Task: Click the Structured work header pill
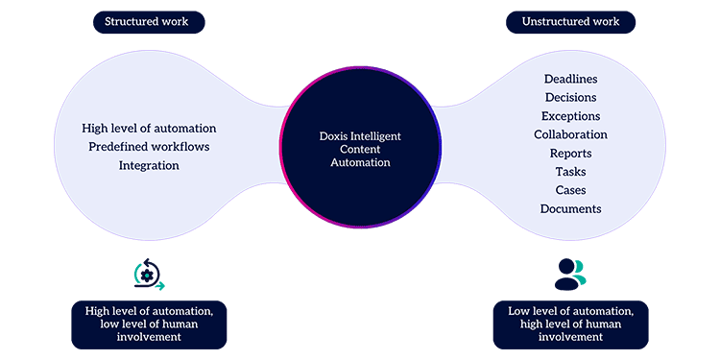point(149,22)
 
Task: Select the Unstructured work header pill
point(571,22)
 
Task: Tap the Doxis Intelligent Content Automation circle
point(360,147)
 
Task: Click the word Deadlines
point(571,79)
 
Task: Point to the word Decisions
point(571,97)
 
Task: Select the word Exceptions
point(571,116)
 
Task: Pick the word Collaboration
point(571,134)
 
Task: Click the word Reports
point(571,154)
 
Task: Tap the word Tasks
point(571,172)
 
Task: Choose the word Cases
point(571,190)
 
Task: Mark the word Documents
point(571,209)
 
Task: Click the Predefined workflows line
point(149,147)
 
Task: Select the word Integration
point(149,166)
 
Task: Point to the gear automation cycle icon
point(149,275)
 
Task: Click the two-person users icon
point(571,275)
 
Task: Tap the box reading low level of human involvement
point(149,324)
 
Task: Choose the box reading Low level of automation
point(571,324)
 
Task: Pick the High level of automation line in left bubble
point(149,129)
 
